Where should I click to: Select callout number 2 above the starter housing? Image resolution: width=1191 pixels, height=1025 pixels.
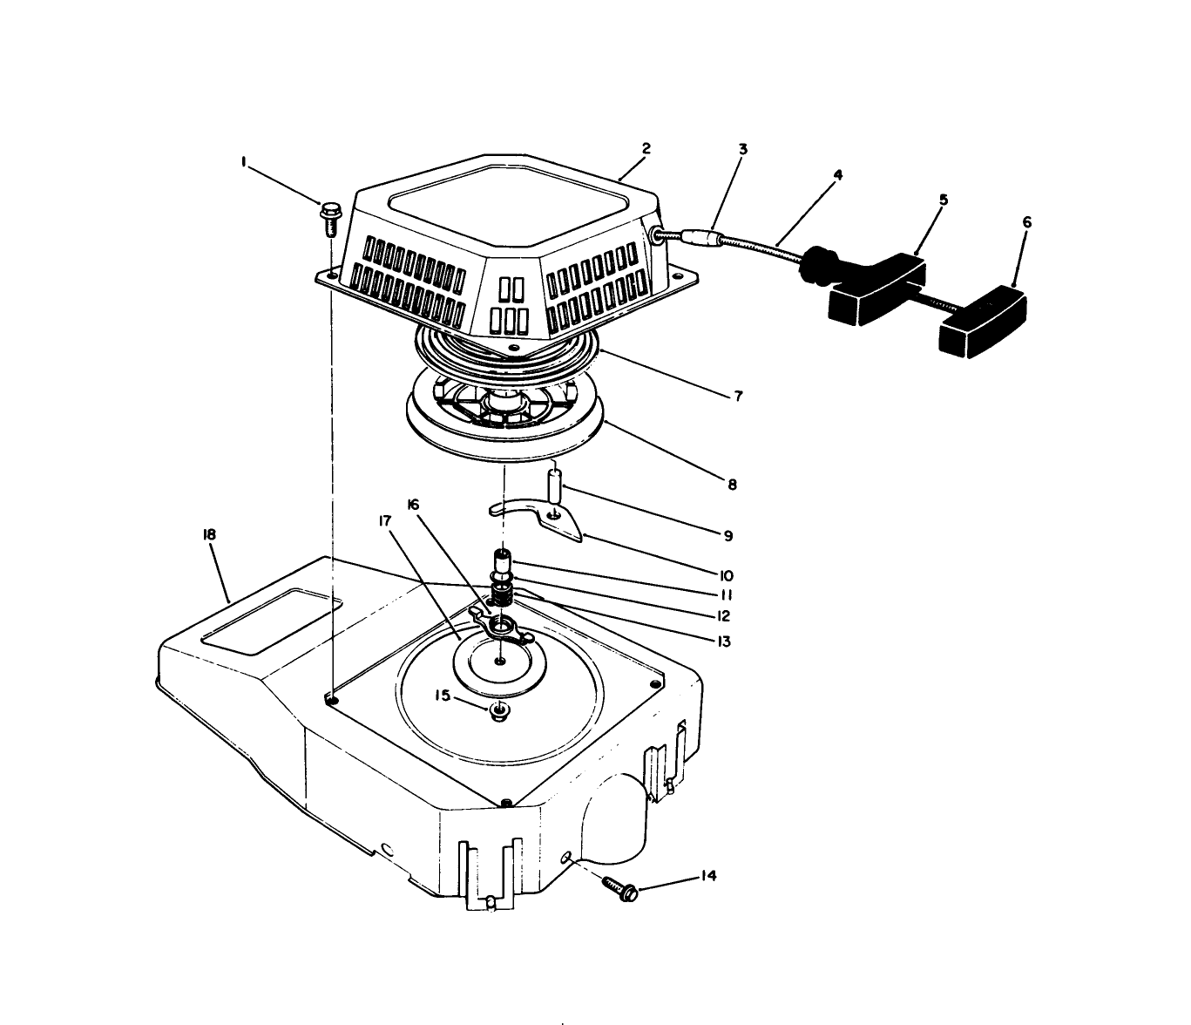coord(646,149)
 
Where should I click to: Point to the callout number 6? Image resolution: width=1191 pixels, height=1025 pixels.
coord(1026,223)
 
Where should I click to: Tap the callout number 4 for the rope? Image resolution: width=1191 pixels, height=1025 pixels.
coord(837,175)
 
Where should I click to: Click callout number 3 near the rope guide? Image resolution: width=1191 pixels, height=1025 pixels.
coord(742,149)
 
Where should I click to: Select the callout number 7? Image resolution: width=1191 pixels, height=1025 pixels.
coord(738,397)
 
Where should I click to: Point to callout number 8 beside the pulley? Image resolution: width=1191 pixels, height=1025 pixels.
coord(732,484)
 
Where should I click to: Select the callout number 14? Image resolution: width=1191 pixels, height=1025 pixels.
coord(708,876)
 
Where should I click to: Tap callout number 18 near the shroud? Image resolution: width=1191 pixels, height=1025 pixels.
coord(209,533)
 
